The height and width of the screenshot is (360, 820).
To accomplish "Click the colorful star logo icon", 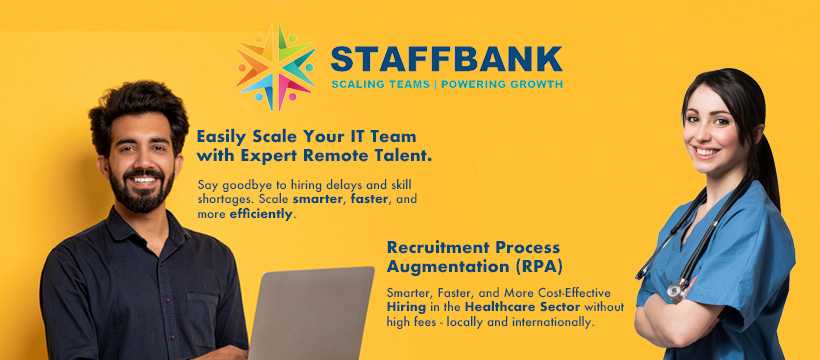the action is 276,67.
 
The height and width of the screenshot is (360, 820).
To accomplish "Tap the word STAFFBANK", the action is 447,59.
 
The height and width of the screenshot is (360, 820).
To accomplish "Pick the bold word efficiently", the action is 261,214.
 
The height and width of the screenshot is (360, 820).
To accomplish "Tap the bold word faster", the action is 370,199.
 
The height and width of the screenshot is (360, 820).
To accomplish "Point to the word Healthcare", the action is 496,306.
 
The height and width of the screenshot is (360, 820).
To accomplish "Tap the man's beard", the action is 141,191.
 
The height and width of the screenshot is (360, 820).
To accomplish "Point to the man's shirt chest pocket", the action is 201,315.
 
